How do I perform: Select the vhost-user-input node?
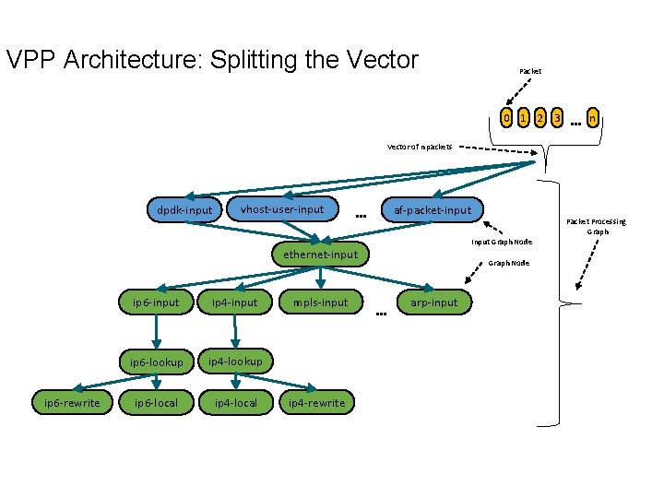point(281,209)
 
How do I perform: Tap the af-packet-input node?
point(432,210)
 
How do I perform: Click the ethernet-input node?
point(320,255)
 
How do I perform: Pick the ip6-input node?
point(156,302)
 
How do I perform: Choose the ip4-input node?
point(234,302)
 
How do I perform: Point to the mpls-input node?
point(320,302)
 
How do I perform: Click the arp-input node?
point(433,302)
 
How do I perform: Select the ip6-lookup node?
point(156,362)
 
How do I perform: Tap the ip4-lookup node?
point(234,362)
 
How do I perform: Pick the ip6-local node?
point(156,403)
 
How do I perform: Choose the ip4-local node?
point(235,403)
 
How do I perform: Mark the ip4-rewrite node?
point(316,403)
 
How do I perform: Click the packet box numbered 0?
point(505,118)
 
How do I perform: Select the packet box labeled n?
point(595,118)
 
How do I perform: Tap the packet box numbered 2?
point(539,118)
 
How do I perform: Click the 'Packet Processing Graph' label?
point(596,226)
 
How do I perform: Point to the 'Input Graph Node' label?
point(502,242)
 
